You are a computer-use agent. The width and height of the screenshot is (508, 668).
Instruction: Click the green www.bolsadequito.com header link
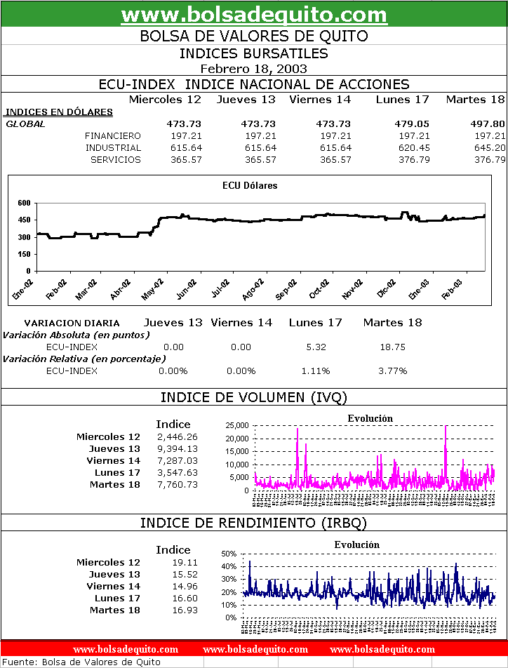(x=254, y=15)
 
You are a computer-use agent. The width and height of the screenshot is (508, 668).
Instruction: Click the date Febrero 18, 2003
(x=254, y=68)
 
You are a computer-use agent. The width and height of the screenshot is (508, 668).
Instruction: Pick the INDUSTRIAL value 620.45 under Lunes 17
(x=413, y=147)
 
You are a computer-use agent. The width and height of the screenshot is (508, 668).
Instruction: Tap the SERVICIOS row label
(x=116, y=159)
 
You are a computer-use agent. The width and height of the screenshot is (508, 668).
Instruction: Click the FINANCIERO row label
(x=112, y=135)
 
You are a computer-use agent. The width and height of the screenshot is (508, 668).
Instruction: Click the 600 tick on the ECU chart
(x=24, y=203)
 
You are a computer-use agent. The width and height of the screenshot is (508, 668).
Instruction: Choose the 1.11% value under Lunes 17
(x=315, y=370)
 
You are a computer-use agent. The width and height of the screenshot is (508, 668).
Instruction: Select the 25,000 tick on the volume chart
(x=236, y=426)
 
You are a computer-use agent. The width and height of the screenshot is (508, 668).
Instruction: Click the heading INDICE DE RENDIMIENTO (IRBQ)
(x=254, y=523)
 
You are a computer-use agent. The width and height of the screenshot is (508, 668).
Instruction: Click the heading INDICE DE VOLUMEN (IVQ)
(x=254, y=397)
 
